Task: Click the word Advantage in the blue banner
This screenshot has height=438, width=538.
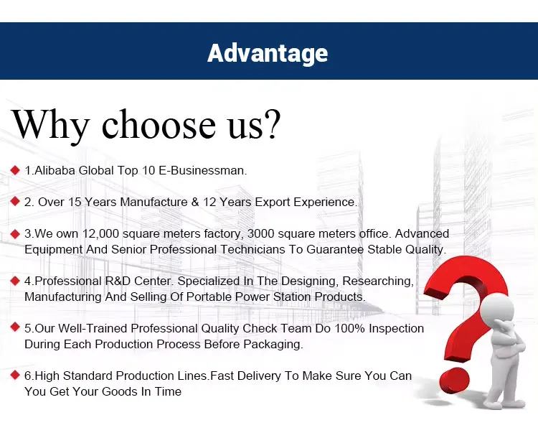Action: [268, 54]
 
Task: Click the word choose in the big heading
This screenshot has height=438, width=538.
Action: [159, 124]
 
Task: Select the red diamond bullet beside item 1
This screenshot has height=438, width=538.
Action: [15, 169]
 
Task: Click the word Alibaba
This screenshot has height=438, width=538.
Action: [55, 170]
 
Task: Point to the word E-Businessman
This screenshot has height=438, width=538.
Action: [202, 170]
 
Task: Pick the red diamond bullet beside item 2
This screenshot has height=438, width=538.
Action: [15, 201]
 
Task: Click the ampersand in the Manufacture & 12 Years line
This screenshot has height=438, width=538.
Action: [195, 202]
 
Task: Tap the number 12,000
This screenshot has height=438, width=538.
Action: [101, 234]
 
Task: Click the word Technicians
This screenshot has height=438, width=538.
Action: [253, 249]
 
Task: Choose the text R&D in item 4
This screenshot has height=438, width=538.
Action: [118, 281]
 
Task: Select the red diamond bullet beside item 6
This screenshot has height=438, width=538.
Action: [15, 375]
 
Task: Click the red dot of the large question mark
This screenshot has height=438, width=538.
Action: [454, 381]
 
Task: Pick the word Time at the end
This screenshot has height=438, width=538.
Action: [168, 391]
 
